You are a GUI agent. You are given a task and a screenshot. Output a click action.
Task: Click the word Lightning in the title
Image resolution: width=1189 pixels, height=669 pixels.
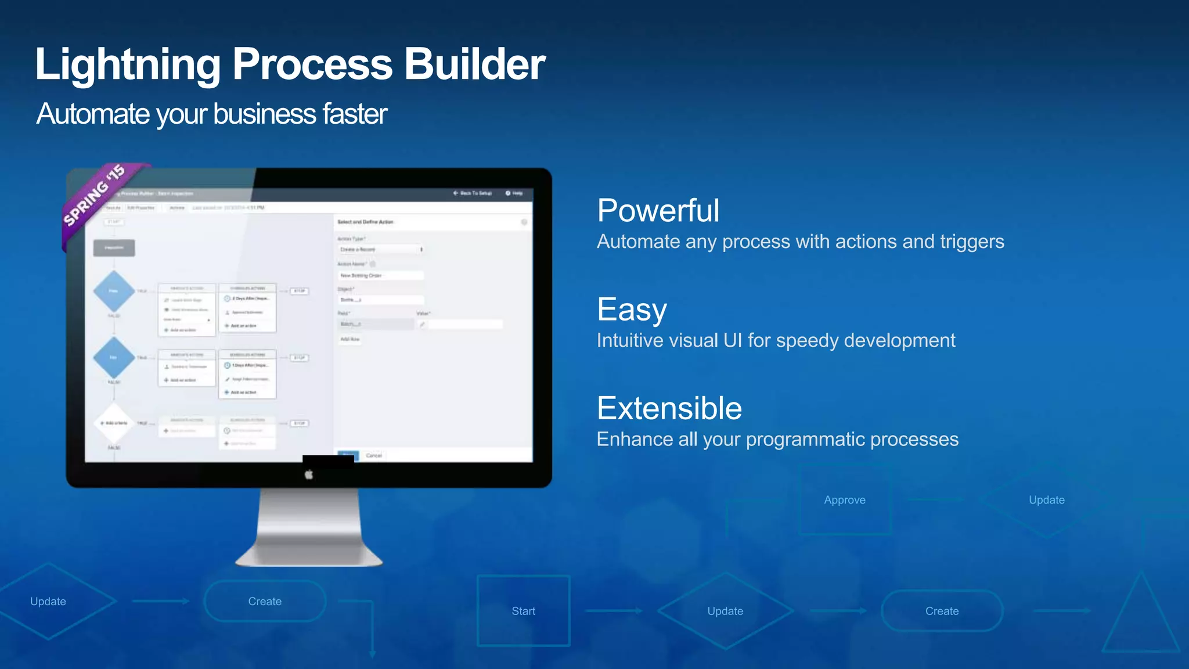click(x=128, y=64)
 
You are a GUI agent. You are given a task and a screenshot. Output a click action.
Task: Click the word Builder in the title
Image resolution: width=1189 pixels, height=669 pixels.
click(x=474, y=64)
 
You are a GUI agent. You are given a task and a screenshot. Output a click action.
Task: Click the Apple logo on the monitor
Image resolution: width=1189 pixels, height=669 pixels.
click(x=309, y=474)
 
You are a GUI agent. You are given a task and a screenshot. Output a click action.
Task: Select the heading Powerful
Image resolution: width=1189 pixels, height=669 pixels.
click(x=658, y=210)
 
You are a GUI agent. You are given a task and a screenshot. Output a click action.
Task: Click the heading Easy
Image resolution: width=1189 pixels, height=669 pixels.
click(x=632, y=309)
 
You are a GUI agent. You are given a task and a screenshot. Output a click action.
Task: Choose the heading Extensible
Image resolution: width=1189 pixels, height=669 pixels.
click(x=669, y=408)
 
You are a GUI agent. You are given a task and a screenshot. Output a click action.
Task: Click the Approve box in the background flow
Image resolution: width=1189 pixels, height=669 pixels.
click(x=844, y=500)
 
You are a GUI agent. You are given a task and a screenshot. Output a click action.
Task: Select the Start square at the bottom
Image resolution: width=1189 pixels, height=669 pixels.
click(x=523, y=611)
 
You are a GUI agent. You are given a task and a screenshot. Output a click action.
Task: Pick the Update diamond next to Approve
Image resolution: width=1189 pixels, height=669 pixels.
click(x=1046, y=500)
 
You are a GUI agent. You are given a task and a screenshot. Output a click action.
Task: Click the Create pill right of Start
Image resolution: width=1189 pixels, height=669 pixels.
click(x=942, y=611)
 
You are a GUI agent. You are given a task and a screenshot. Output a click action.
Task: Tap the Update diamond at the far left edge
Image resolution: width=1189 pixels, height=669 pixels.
click(x=49, y=602)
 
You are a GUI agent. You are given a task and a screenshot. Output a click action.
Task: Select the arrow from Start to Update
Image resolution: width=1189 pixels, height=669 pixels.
click(x=614, y=611)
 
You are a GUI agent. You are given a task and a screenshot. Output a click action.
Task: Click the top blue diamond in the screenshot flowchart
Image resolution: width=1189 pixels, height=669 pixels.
click(x=114, y=291)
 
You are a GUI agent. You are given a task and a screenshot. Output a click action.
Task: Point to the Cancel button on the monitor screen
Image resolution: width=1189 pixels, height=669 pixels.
click(x=374, y=455)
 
